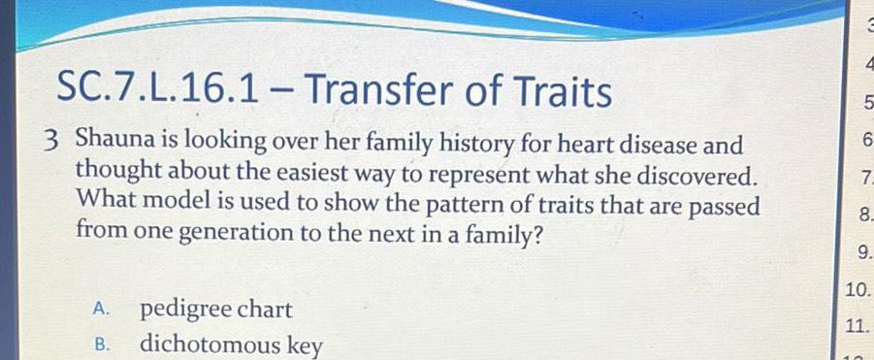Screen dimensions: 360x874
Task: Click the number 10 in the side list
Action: pos(857,289)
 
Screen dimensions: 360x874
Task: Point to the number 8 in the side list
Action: pos(863,213)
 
